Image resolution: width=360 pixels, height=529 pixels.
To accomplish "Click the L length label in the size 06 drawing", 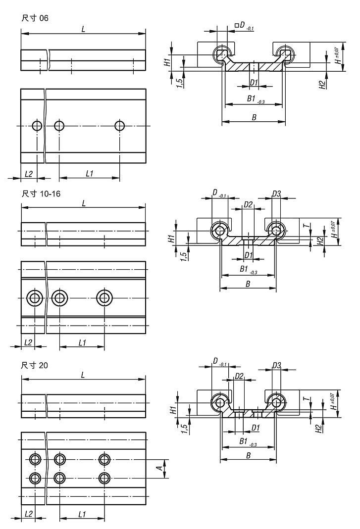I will point(83,29).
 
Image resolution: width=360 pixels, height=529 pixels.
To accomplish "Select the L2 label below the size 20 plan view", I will point(28,514).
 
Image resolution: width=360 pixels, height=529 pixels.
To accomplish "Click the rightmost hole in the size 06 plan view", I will point(119,126).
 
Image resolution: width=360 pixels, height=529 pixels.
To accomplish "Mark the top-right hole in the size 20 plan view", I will point(104,459).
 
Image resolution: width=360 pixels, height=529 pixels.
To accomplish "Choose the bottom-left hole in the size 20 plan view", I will point(35,478).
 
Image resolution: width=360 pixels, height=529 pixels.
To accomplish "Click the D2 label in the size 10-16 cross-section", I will point(249,204).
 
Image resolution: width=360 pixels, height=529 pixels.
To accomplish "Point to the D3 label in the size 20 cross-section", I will point(277,365).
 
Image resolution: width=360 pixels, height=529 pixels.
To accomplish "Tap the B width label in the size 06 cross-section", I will point(254,117).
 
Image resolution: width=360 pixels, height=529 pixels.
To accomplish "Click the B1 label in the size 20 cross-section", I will point(244,440).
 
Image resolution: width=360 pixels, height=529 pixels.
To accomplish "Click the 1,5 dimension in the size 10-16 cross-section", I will point(184,256).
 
